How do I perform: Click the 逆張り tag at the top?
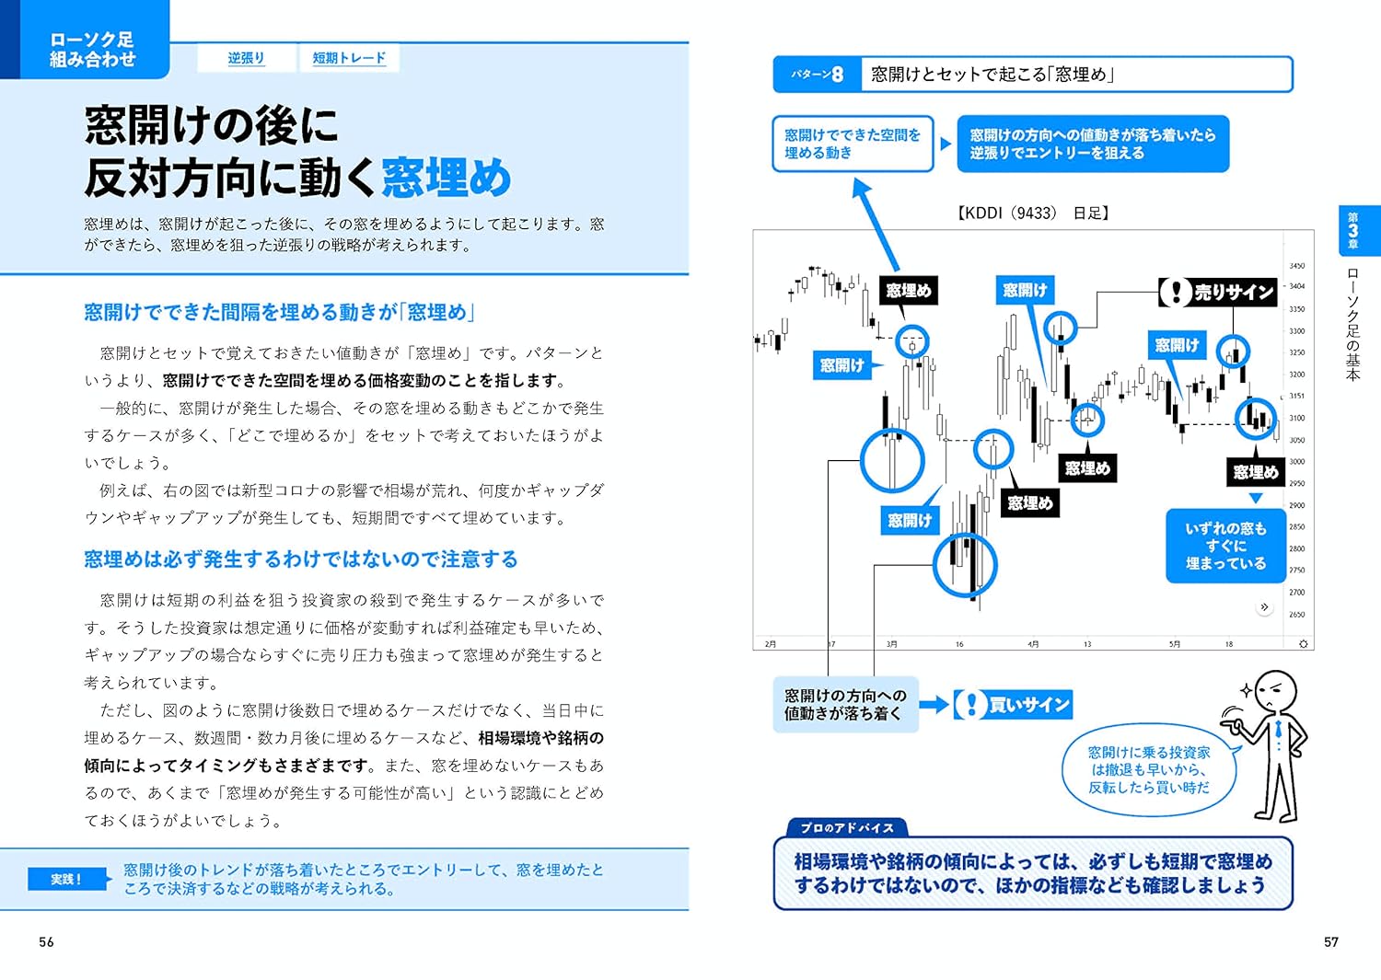[246, 58]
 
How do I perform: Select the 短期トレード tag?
[349, 58]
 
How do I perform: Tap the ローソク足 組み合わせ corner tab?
[91, 49]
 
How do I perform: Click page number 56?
[46, 941]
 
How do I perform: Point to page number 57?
[1330, 941]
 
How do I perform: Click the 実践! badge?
[66, 879]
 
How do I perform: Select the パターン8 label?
[818, 75]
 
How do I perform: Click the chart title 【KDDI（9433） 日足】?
[1033, 213]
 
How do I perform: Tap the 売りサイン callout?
[1219, 293]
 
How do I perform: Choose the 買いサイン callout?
[1013, 705]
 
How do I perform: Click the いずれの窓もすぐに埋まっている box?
[1225, 546]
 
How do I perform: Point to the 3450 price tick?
[1296, 266]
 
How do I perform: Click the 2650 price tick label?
[1296, 614]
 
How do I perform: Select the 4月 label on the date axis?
[1034, 644]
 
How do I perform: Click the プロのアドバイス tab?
[847, 827]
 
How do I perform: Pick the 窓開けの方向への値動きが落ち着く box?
[845, 705]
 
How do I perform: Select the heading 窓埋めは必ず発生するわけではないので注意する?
[301, 559]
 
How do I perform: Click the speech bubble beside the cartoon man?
[1148, 769]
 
